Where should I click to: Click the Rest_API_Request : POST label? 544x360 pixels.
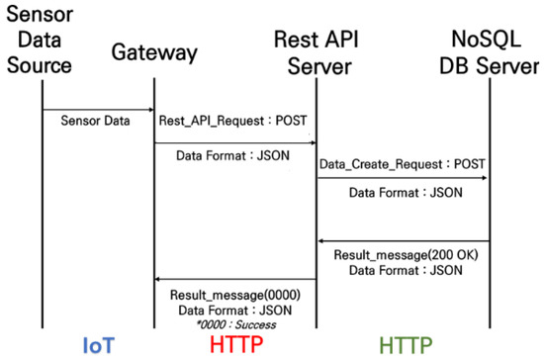click(x=232, y=123)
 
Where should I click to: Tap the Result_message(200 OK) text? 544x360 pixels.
click(x=403, y=255)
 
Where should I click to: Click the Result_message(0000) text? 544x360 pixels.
click(x=232, y=294)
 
